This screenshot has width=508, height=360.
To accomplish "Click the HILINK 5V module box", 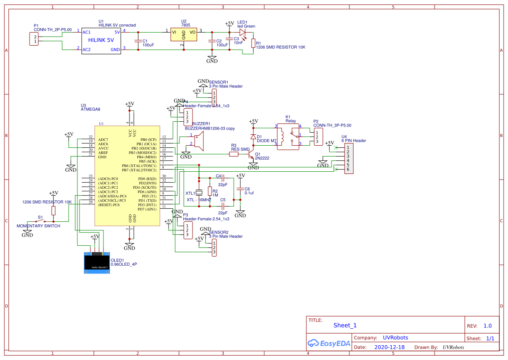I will pos(101,41).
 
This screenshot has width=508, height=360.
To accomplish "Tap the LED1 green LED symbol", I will pos(242,32).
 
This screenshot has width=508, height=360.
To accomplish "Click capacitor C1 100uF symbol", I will pos(138,41).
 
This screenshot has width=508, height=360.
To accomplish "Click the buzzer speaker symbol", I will pos(198,142).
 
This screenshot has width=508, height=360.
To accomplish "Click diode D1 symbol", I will pos(253,137).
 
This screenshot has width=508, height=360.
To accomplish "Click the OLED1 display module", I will pos(97,263).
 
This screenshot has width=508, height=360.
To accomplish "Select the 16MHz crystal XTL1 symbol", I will pos(199,192).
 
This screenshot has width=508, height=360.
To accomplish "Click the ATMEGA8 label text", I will pos(90,110).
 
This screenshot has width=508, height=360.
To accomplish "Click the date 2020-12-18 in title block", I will pos(389,347).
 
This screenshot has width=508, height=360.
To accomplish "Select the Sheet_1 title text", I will pos(345,325).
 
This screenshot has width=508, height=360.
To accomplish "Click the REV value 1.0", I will pos(487,326).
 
